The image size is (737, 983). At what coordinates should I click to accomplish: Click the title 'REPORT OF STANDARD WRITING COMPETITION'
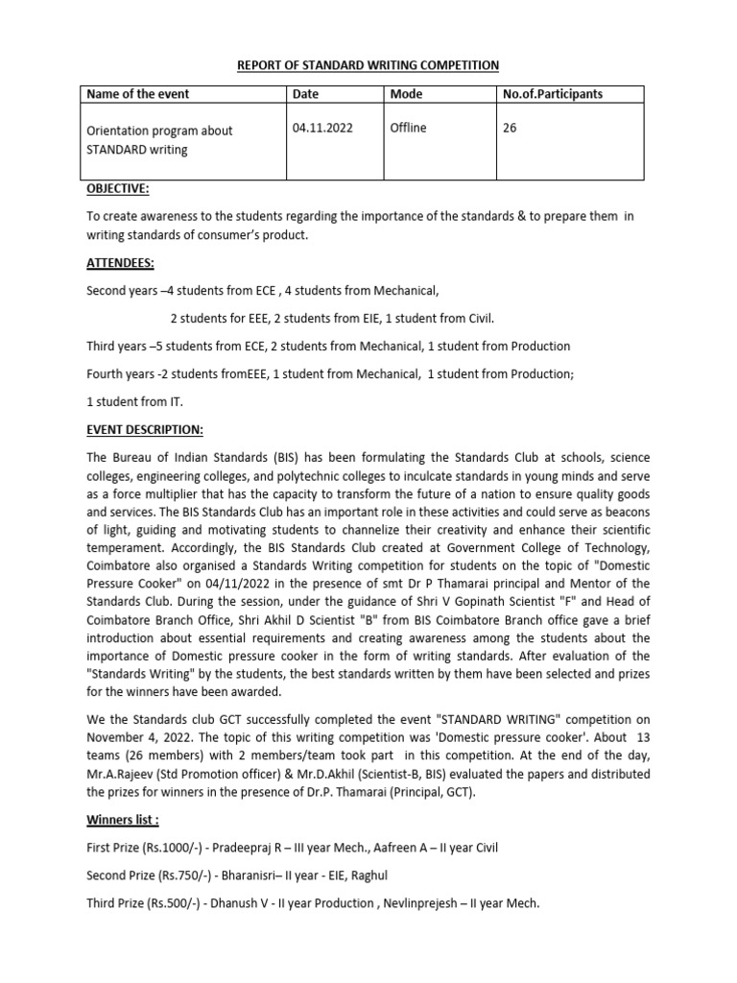(x=368, y=65)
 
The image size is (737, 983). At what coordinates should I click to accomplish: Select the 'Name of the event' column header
(x=138, y=94)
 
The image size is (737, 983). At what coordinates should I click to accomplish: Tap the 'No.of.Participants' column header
(x=553, y=94)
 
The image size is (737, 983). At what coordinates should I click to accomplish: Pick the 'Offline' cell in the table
(x=408, y=128)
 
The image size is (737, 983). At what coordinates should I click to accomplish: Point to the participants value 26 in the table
(x=510, y=128)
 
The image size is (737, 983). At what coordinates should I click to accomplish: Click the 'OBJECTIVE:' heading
(x=118, y=189)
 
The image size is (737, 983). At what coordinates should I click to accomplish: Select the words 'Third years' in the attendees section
(x=115, y=346)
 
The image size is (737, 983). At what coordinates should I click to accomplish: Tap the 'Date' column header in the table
(x=306, y=94)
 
